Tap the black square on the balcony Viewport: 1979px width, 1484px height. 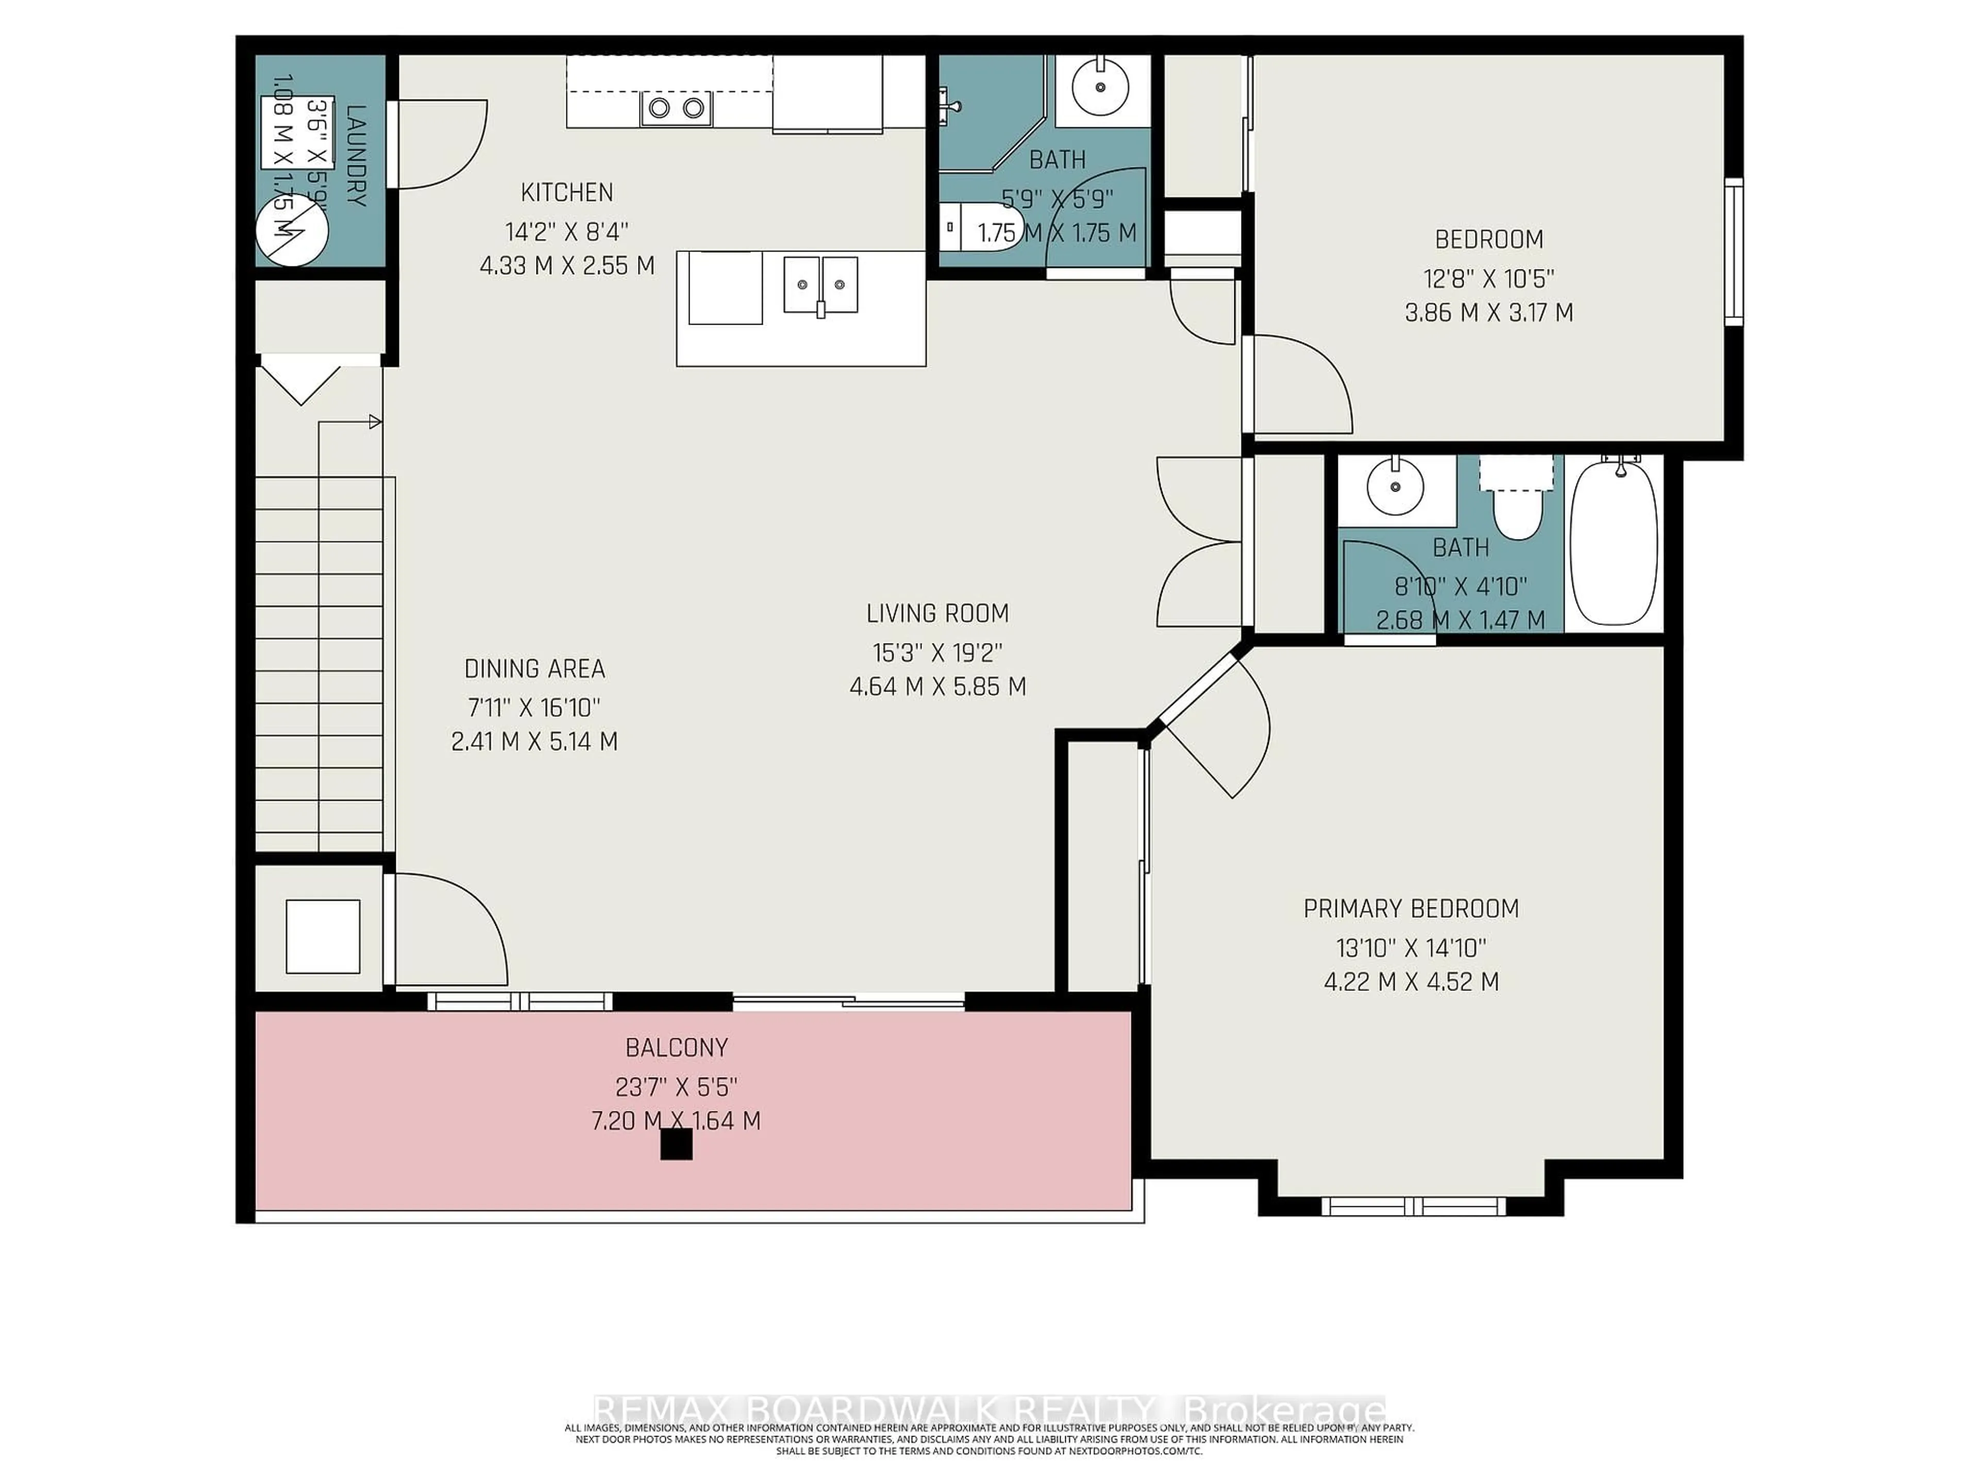coord(676,1144)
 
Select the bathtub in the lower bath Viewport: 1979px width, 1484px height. coord(1614,543)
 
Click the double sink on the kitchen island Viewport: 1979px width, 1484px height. coord(820,284)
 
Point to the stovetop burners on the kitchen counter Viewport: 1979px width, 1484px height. coord(676,108)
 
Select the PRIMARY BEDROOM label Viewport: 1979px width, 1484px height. coord(1411,909)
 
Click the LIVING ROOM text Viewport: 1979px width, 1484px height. coord(937,614)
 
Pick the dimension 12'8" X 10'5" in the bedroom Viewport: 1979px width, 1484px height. coord(1489,279)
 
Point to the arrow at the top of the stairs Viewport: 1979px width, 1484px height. coord(375,421)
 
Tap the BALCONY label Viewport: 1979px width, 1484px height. coord(676,1048)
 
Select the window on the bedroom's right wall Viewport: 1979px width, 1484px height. coord(1733,251)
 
